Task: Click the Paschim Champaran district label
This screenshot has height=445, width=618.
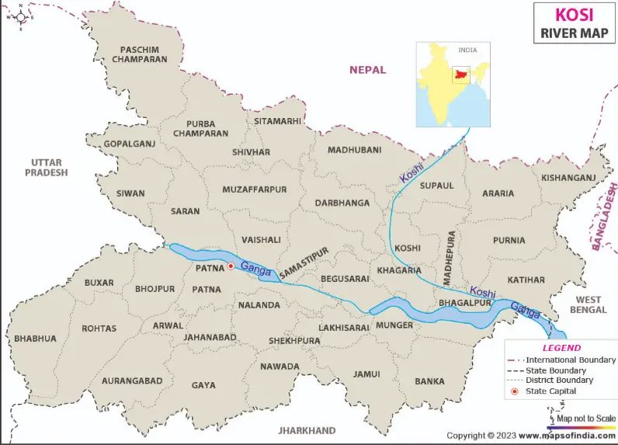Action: (x=138, y=54)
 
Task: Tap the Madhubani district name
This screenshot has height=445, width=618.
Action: (x=354, y=150)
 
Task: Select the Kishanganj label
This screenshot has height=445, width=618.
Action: (x=569, y=178)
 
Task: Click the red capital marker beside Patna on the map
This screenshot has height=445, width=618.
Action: (x=230, y=266)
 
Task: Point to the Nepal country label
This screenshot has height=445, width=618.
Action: (x=367, y=70)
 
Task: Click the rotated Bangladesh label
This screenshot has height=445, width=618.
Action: (x=602, y=217)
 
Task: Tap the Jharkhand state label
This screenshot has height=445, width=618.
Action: (x=308, y=430)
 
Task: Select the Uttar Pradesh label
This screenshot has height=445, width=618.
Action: (x=46, y=167)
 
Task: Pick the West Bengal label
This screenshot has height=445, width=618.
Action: (x=588, y=304)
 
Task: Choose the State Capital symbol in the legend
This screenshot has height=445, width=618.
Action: (x=514, y=391)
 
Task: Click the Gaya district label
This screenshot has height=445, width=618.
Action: (x=203, y=385)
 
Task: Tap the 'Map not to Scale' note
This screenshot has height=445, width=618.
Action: (x=586, y=418)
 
